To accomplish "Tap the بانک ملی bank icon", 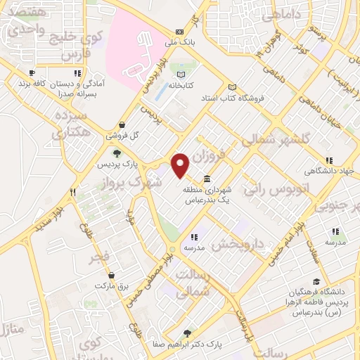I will click(181, 32).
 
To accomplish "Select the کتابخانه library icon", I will click(182, 75).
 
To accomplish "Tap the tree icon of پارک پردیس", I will click(117, 153).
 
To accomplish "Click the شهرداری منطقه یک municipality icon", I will click(207, 179).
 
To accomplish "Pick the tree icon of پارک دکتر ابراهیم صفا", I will click(186, 334).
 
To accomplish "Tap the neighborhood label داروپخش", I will click(238, 243).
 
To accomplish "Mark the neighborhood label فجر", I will click(100, 256).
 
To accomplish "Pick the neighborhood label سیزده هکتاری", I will click(72, 122).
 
